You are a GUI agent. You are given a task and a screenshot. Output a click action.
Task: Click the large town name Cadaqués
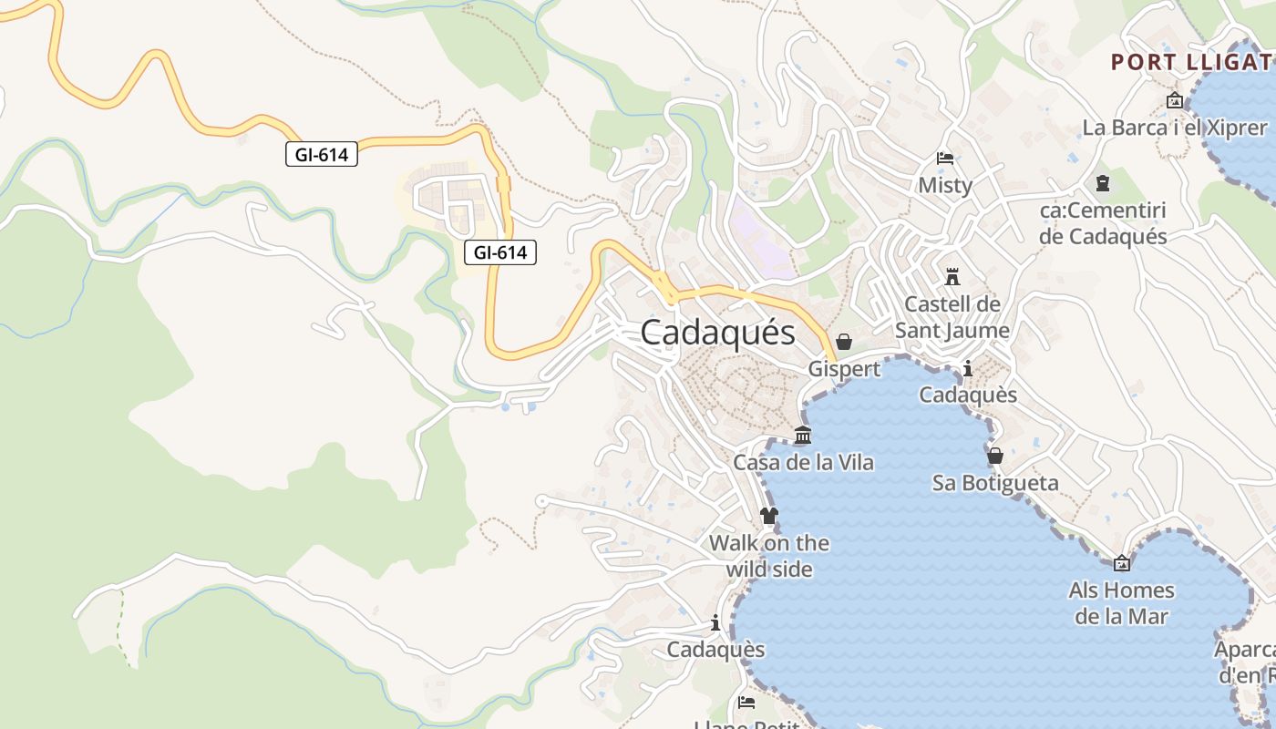[717, 333]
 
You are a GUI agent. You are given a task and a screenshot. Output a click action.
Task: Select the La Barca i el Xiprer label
[1175, 128]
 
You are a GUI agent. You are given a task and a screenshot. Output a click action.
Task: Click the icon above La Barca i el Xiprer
[1174, 100]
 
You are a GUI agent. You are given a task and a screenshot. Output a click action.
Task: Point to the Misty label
[945, 185]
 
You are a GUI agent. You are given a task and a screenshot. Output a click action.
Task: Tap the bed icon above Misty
[945, 159]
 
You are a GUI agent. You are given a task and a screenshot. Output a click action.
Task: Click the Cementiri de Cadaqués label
[1103, 223]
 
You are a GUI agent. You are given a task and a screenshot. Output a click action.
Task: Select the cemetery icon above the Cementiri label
[1103, 183]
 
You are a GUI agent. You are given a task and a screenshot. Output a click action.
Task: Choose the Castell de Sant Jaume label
[952, 317]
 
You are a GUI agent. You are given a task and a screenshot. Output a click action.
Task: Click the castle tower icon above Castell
[952, 276]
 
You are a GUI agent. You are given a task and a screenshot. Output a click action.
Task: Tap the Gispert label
[844, 369]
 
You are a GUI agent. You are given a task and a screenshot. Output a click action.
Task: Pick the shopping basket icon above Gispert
[844, 342]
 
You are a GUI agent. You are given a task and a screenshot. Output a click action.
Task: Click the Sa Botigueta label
[995, 483]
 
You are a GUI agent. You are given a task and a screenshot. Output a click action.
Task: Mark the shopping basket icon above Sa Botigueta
[995, 455]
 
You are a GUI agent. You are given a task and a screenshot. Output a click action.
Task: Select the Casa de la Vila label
[803, 463]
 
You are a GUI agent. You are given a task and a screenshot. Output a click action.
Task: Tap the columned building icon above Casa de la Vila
[803, 436]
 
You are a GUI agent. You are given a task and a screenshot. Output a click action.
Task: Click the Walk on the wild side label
[769, 556]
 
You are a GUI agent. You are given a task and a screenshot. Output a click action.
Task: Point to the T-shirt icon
[769, 516]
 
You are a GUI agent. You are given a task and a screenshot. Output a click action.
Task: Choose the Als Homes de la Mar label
[1121, 603]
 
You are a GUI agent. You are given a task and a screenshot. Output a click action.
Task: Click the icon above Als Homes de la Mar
[1122, 563]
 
